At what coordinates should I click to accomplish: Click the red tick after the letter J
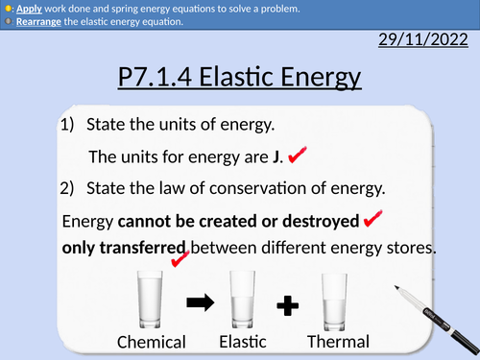click(297, 155)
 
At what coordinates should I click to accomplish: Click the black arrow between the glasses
click(201, 303)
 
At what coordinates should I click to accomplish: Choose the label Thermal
click(338, 341)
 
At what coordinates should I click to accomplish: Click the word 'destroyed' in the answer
click(313, 221)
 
